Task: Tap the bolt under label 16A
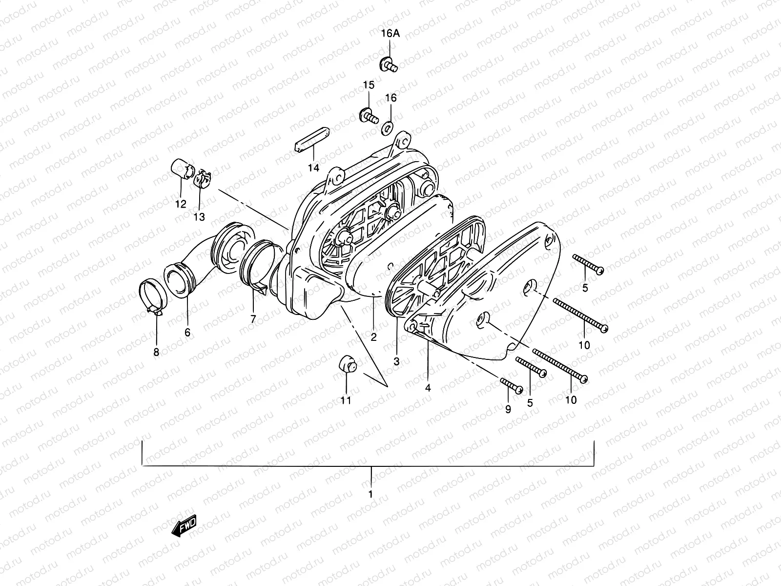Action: click(389, 64)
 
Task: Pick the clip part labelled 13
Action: click(202, 179)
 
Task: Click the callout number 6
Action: click(187, 333)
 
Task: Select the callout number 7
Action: click(253, 319)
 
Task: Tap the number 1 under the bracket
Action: click(370, 494)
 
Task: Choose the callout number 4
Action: click(428, 388)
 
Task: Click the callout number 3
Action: click(396, 362)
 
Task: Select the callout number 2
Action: click(373, 337)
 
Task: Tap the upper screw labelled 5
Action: click(588, 263)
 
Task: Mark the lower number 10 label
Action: click(570, 400)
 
